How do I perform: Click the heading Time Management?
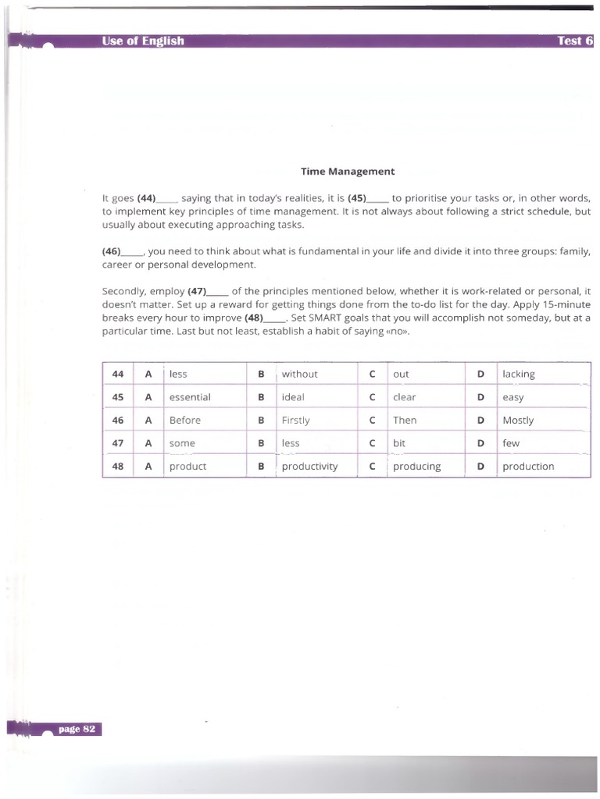348,171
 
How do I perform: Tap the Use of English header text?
143,41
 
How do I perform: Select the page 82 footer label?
76,729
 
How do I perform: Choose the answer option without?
299,374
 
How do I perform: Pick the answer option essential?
190,397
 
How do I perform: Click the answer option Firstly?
295,420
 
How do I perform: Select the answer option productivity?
309,467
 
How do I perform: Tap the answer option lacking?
519,374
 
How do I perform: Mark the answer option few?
511,443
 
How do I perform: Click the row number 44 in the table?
118,374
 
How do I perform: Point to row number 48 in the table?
118,467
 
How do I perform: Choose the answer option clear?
404,397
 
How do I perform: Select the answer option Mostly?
518,420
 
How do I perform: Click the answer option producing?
416,467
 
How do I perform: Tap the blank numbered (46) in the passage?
122,252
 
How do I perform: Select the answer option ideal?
293,397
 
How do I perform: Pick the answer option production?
528,467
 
